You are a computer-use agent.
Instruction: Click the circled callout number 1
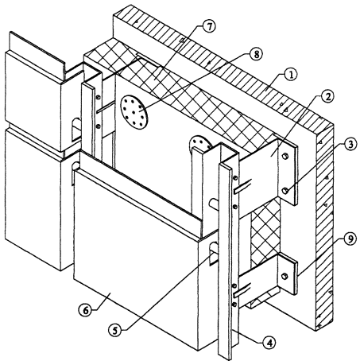[x=291, y=75]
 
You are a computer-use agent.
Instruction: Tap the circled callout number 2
[x=327, y=97]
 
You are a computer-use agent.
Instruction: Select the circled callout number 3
[x=350, y=145]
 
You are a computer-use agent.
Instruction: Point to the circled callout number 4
[x=269, y=343]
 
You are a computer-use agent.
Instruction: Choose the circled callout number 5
[x=115, y=330]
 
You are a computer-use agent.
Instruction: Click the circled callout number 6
[x=85, y=310]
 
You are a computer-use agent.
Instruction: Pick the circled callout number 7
[x=209, y=27]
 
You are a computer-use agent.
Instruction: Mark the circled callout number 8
[x=256, y=54]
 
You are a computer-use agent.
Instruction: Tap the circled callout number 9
[x=350, y=239]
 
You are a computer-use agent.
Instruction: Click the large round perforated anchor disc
[x=134, y=112]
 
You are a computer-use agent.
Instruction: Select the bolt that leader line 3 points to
[x=285, y=191]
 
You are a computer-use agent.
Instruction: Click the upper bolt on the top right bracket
[x=285, y=157]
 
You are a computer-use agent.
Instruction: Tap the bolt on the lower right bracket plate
[x=285, y=276]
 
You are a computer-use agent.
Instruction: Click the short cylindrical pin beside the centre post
[x=214, y=204]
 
